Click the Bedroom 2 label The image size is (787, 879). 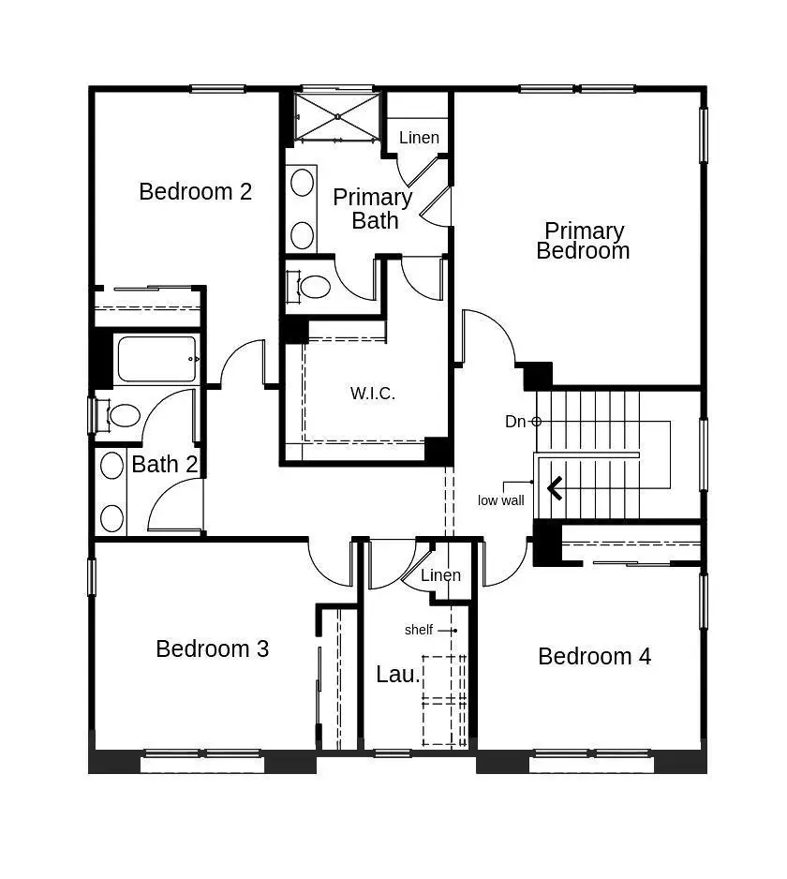click(x=195, y=192)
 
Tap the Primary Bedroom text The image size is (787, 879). click(x=583, y=241)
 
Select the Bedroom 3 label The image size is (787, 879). click(x=212, y=648)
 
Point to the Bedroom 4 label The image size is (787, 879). click(x=594, y=657)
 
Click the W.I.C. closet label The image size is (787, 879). click(x=373, y=393)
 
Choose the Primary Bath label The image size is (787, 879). click(x=373, y=209)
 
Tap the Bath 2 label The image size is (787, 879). click(x=164, y=464)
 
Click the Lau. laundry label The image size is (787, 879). click(x=398, y=675)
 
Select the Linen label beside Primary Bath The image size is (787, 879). click(x=419, y=138)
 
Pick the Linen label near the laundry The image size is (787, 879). click(x=440, y=574)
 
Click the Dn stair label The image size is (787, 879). click(x=515, y=422)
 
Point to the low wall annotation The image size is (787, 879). click(x=500, y=500)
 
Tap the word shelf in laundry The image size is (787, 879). click(x=419, y=630)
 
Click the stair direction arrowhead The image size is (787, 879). click(x=555, y=488)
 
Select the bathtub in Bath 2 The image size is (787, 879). click(x=157, y=359)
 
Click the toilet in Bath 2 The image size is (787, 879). click(x=119, y=415)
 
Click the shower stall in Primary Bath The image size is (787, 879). click(x=337, y=116)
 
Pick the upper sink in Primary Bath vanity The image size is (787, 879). click(x=302, y=182)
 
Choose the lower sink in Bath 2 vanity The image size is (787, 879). click(x=111, y=518)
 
